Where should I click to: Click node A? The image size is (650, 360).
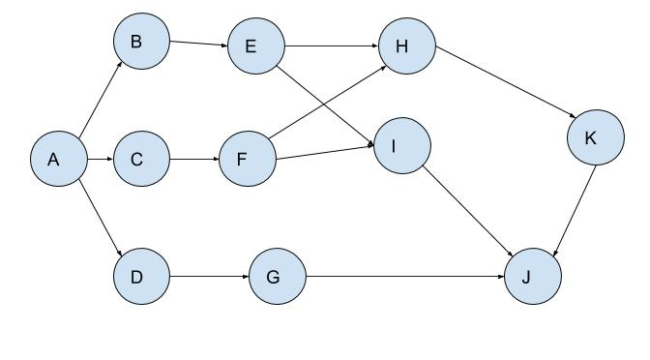(x=54, y=160)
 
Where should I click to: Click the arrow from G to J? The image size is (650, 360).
(x=405, y=277)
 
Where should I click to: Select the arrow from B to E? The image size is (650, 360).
(x=198, y=44)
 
